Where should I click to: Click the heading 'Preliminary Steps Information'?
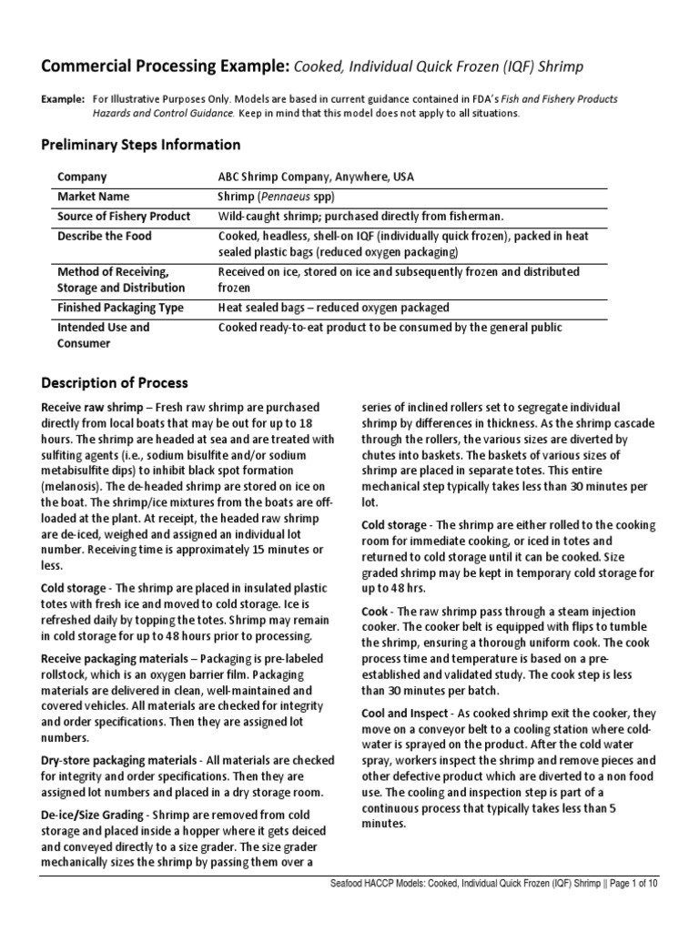click(141, 145)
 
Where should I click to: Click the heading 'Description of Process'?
click(115, 383)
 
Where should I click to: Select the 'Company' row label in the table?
click(82, 177)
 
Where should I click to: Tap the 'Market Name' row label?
click(94, 197)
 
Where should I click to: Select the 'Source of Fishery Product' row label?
click(124, 217)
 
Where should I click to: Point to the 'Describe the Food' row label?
click(105, 237)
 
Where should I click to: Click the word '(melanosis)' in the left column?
click(74, 485)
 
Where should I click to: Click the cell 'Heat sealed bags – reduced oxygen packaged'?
click(333, 308)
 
